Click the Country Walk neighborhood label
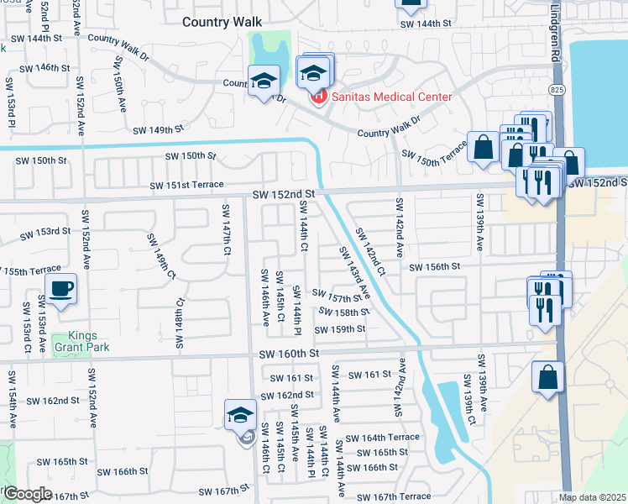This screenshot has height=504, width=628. tap(222, 23)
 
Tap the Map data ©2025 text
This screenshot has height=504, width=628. tap(592, 497)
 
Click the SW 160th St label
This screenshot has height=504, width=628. tap(290, 354)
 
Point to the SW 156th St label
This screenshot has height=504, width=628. tap(435, 267)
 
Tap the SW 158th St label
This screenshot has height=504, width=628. tap(343, 312)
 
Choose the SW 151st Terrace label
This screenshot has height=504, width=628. tap(186, 185)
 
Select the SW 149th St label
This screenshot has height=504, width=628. tap(158, 129)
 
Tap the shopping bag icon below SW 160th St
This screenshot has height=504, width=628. tap(547, 377)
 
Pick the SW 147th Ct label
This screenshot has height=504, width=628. tap(227, 229)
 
